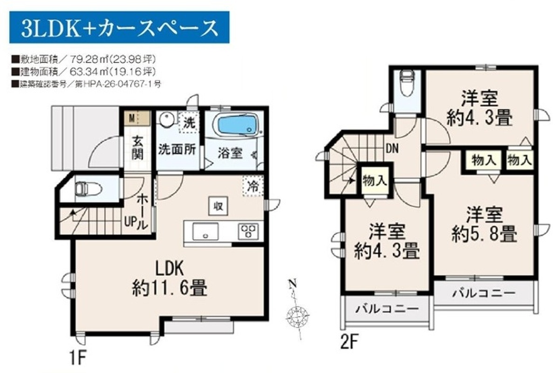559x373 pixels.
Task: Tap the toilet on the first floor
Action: tap(89, 190)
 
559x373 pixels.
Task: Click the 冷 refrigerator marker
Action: tap(252, 186)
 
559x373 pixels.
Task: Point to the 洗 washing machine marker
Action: tap(188, 123)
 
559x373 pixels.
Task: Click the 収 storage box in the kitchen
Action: tap(218, 206)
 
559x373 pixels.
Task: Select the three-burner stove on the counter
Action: tap(248, 232)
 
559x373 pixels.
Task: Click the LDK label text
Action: tap(170, 268)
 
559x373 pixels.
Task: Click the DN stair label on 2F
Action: tap(392, 149)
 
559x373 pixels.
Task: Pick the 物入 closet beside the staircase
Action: tap(375, 180)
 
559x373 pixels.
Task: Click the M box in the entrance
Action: tap(131, 117)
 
